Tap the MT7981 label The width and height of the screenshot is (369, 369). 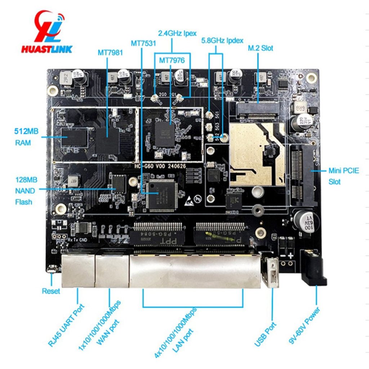pyautogui.click(x=110, y=53)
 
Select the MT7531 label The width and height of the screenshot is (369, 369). pyautogui.click(x=143, y=44)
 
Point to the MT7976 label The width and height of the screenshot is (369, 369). pyautogui.click(x=172, y=60)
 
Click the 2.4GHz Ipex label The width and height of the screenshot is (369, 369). pyautogui.click(x=177, y=33)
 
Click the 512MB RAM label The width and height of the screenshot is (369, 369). pyautogui.click(x=22, y=137)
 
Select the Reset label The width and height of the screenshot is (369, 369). pyautogui.click(x=51, y=291)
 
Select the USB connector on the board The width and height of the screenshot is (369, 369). pyautogui.click(x=272, y=272)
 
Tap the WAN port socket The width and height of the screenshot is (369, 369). pyautogui.click(x=112, y=270)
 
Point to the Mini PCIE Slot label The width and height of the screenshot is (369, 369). pyautogui.click(x=343, y=176)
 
